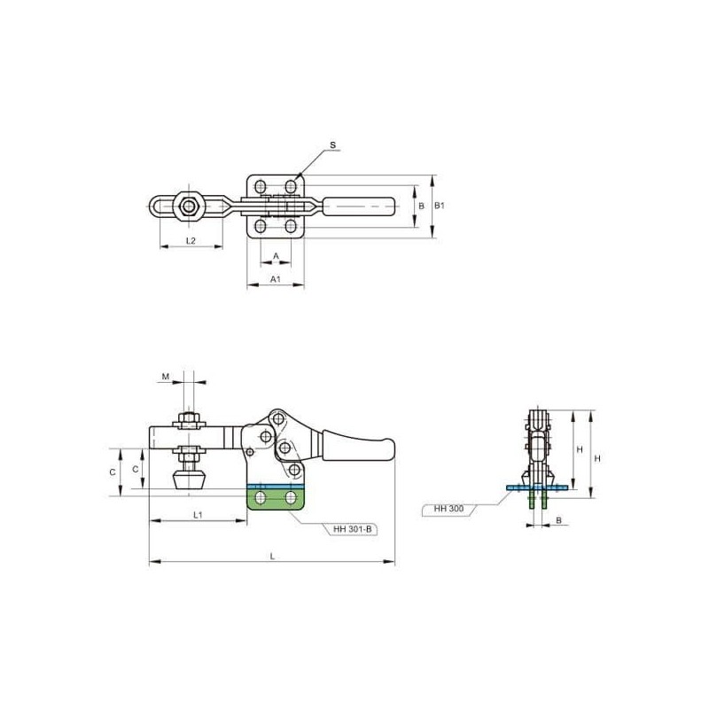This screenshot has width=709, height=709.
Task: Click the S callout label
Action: pyautogui.click(x=333, y=145)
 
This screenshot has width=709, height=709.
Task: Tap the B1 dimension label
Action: pyautogui.click(x=440, y=206)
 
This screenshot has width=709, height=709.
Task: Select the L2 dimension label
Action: pyautogui.click(x=191, y=240)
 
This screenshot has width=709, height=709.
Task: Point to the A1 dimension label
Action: pyautogui.click(x=276, y=279)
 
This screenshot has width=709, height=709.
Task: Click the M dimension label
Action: pyautogui.click(x=166, y=376)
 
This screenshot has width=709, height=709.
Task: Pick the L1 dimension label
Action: pyautogui.click(x=198, y=515)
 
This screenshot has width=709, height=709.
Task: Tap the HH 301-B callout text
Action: pyautogui.click(x=352, y=529)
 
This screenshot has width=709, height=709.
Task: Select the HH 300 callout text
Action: pyautogui.click(x=448, y=509)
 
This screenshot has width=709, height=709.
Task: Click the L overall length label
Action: pyautogui.click(x=272, y=557)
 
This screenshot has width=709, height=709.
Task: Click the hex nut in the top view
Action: pyautogui.click(x=189, y=206)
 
